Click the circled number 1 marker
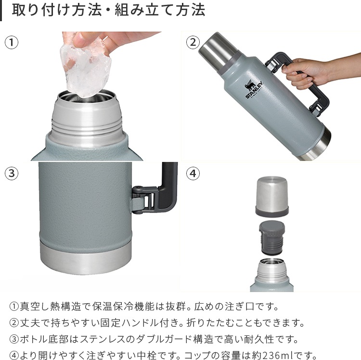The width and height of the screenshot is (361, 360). pyautogui.click(x=12, y=42)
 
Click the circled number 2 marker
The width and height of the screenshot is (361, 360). pyautogui.click(x=193, y=42)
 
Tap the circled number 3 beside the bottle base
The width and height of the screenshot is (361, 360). pyautogui.click(x=12, y=173)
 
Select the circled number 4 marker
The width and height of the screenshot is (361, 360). pyautogui.click(x=193, y=173)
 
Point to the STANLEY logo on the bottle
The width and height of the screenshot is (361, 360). pyautogui.click(x=254, y=90)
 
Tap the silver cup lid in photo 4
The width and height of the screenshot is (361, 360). pyautogui.click(x=271, y=196)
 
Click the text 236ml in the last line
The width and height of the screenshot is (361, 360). pyautogui.click(x=275, y=356)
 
